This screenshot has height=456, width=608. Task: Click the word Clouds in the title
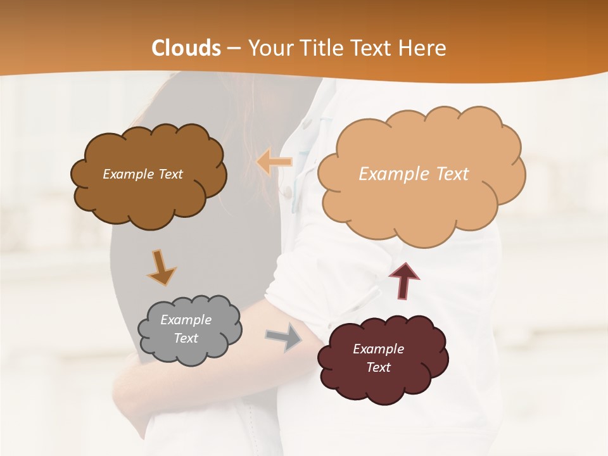(186, 48)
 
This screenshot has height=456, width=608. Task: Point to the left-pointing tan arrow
(274, 163)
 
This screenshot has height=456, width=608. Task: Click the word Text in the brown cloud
(170, 174)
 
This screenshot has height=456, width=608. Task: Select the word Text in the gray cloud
(186, 338)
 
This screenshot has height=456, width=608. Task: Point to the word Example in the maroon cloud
(378, 349)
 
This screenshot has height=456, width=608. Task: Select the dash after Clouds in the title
(234, 48)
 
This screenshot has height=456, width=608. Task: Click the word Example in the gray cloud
(186, 320)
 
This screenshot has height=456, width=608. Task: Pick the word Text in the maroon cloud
(378, 367)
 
